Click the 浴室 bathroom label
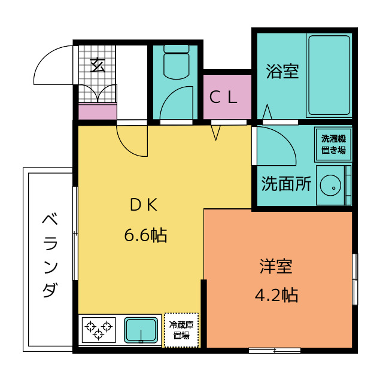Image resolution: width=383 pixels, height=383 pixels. coord(282,71)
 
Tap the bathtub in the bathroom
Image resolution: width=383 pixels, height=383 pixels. coord(329,75)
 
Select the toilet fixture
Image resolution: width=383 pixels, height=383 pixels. coord(177,62)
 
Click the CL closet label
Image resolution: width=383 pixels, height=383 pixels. coord(223,97)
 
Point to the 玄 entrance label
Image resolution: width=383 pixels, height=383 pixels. coord(98,65)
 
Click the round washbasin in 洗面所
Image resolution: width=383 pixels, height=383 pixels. coord(330,186)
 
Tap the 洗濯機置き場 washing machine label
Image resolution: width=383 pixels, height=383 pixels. coord(333,144)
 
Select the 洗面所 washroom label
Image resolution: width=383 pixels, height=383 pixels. coord(286,184)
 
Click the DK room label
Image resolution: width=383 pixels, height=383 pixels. coord(144,205)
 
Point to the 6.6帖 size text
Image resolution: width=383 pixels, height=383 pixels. coord(145,235)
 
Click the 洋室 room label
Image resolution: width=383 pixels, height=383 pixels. coord(276,266)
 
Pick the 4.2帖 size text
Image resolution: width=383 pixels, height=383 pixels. coord(276,295)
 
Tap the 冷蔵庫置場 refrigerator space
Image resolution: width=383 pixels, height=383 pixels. coord(181,330)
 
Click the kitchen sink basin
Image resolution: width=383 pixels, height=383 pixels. coord(141,330)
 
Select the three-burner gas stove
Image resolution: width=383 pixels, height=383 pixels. coord(99,330)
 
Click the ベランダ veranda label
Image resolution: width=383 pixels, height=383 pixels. coord(50,256)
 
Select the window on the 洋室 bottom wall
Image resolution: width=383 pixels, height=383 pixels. coord(275,351)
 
